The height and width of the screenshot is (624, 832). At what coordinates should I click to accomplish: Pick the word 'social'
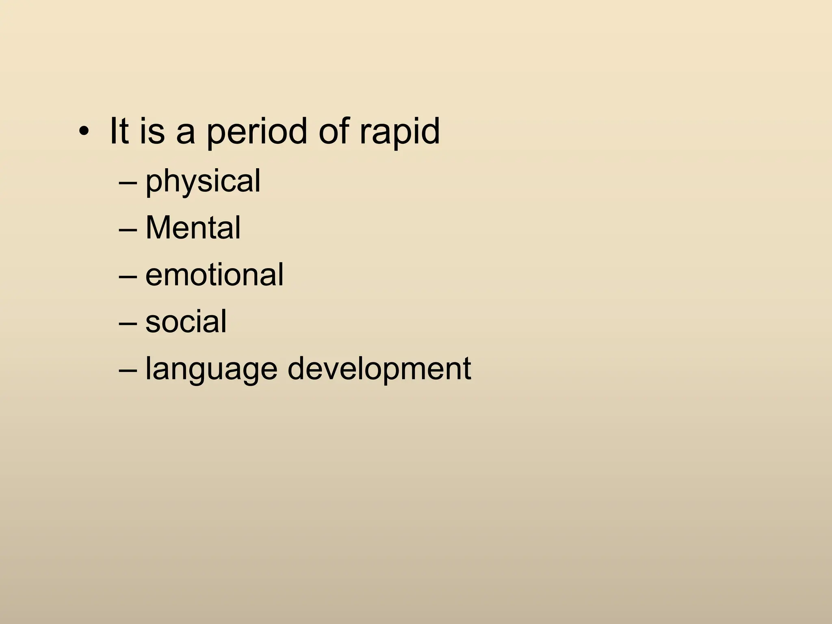[186, 322]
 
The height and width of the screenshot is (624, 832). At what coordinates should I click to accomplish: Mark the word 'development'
[379, 369]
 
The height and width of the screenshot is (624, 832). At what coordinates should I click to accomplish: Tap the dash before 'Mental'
[129, 231]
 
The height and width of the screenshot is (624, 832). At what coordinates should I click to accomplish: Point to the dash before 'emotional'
[129, 278]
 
